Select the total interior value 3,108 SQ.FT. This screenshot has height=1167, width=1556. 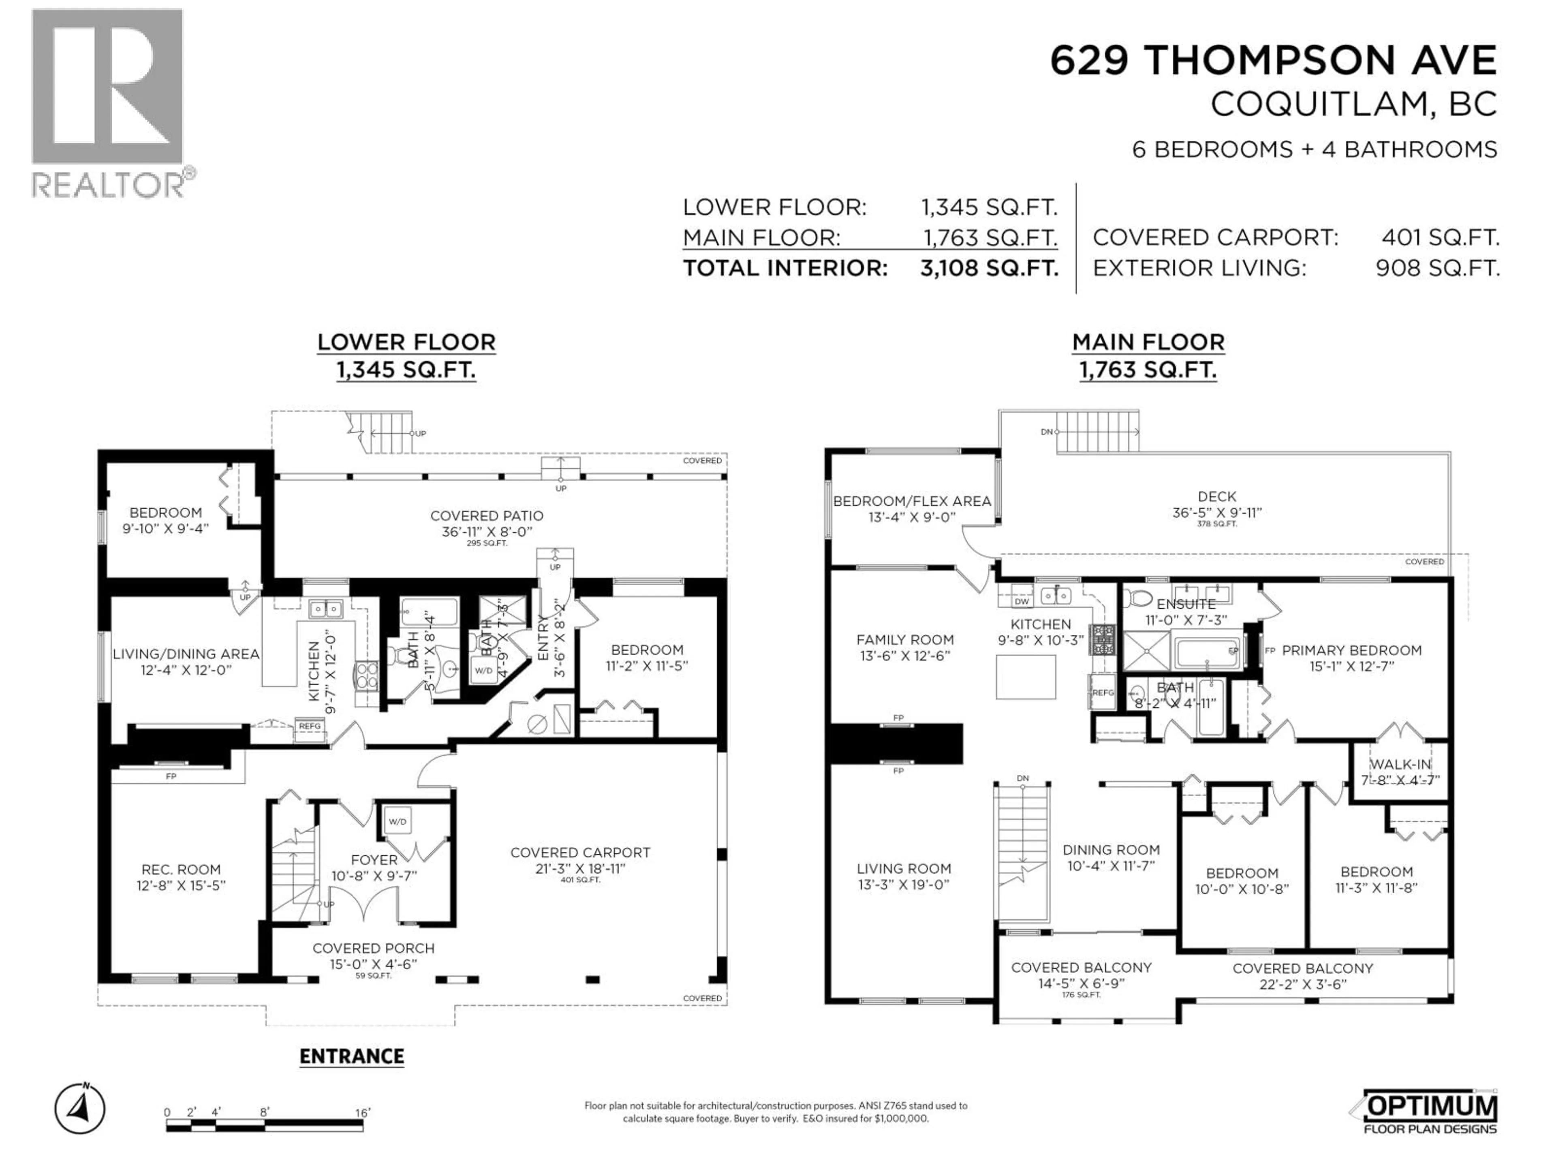click(989, 268)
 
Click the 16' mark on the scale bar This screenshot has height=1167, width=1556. click(362, 1112)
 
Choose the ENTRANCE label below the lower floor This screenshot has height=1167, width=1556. click(352, 1056)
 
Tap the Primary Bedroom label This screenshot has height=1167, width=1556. click(1351, 651)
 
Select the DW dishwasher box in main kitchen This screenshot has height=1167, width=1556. click(1022, 601)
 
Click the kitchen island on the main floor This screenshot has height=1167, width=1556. click(1026, 677)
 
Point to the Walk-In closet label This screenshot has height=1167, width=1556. click(1400, 764)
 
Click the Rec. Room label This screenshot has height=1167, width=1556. click(181, 870)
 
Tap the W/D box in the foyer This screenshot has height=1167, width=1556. click(398, 821)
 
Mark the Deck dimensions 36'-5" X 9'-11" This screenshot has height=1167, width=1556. click(1216, 513)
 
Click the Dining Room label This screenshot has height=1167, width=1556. click(1111, 850)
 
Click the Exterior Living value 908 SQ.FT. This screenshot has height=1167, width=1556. click(1437, 268)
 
